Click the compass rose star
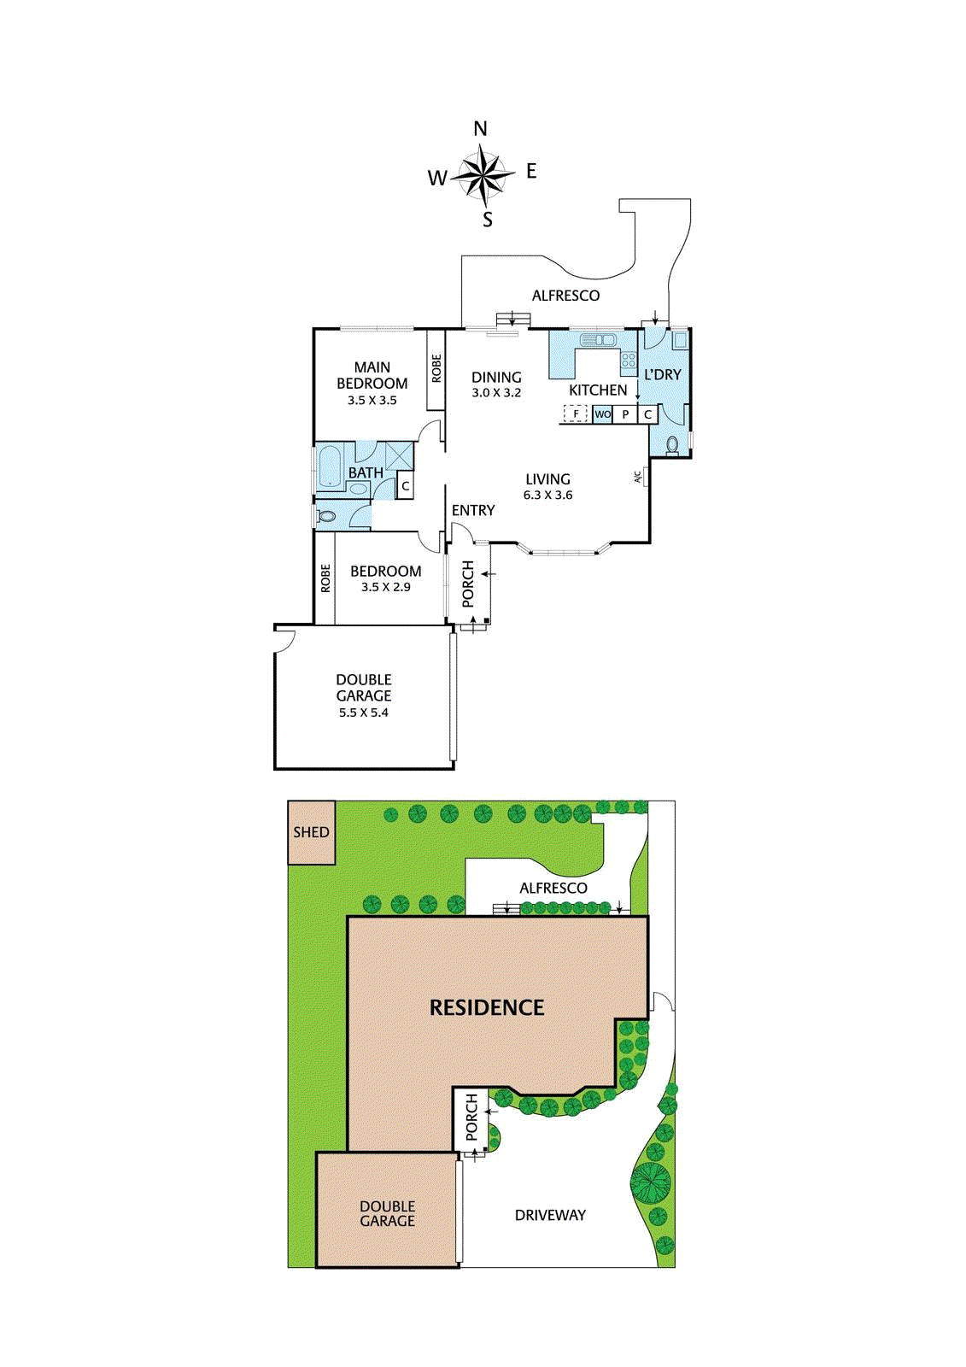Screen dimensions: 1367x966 483,174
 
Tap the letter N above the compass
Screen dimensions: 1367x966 481,129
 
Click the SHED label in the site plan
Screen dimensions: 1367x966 311,832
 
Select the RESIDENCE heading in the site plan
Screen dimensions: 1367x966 487,1008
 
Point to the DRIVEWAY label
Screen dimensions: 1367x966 550,1215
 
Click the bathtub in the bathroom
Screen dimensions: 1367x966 330,466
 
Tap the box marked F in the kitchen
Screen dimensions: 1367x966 576,414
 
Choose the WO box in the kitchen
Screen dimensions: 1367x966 603,414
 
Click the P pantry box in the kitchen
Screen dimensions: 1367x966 625,414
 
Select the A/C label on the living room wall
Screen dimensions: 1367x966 638,477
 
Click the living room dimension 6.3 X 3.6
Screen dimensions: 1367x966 547,495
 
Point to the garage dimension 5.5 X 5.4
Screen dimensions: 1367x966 363,713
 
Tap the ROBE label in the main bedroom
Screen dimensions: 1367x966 436,368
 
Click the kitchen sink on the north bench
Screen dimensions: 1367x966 598,340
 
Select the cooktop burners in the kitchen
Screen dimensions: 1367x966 629,360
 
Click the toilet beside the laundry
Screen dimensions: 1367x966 672,445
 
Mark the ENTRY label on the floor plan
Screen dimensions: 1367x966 473,510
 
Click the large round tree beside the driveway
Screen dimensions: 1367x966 650,1182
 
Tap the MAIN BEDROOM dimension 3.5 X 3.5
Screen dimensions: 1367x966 372,400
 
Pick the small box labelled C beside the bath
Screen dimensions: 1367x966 406,486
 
